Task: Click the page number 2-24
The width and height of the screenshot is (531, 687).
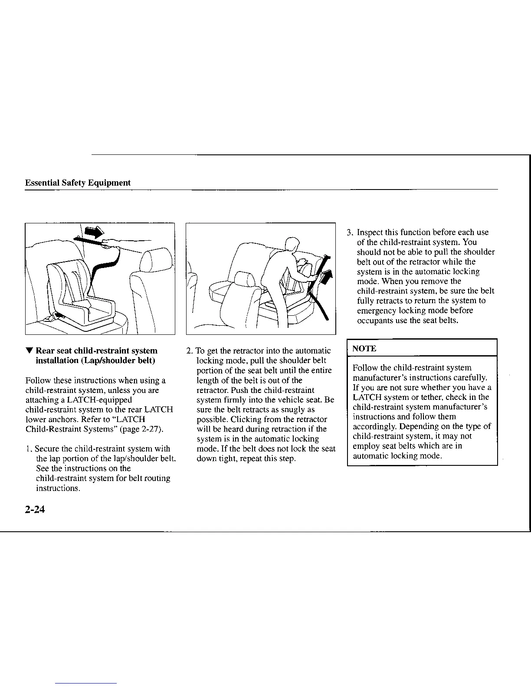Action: [x=35, y=509]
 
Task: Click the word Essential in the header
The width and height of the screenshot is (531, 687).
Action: [x=42, y=183]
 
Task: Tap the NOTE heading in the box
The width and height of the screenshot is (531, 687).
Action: [x=364, y=349]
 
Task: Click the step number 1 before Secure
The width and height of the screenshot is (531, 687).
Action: [x=28, y=449]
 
